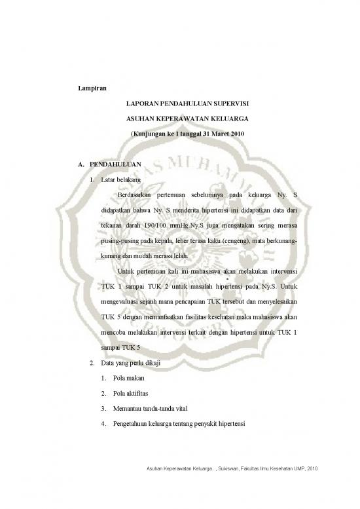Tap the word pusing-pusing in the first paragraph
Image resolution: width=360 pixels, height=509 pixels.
(x=119, y=241)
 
